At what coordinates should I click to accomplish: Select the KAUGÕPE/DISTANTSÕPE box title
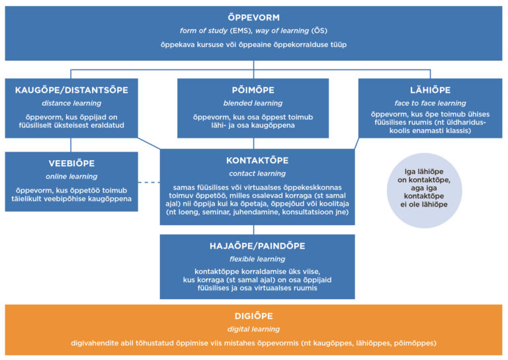point(71,90)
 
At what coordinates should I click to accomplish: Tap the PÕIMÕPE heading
point(253,90)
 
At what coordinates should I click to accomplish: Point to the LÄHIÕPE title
point(430,90)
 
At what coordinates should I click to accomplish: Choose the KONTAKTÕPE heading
point(257,160)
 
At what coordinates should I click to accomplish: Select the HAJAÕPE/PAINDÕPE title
point(257,246)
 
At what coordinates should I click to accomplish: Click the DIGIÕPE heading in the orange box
point(253,316)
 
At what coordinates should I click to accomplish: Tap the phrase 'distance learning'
point(71,103)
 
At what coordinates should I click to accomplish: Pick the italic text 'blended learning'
point(253,103)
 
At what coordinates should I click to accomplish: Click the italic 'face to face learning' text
point(430,103)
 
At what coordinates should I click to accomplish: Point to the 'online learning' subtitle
point(71,177)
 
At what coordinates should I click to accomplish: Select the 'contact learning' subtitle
point(257,173)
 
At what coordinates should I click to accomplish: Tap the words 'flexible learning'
point(257,259)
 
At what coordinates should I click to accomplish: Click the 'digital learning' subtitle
point(253,329)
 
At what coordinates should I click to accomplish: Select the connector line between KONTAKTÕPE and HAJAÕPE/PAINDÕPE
point(257,230)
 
